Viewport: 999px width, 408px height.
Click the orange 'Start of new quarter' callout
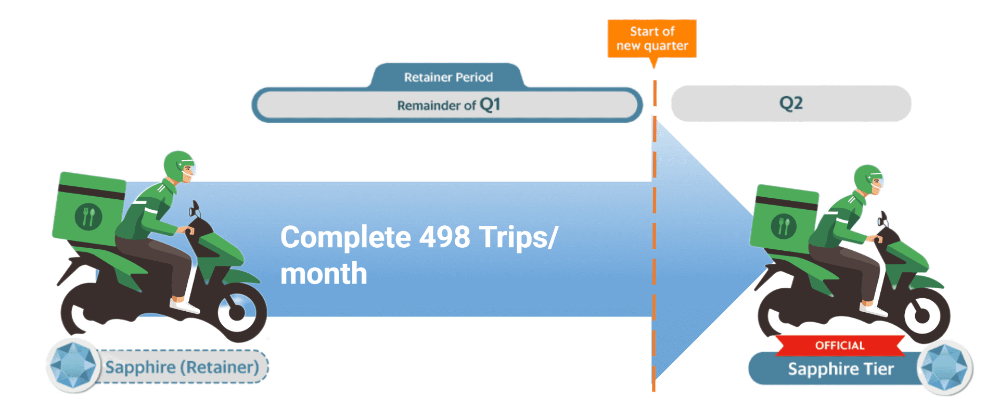click(652, 39)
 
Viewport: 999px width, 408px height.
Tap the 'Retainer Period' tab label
click(448, 77)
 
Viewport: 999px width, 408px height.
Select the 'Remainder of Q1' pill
click(447, 105)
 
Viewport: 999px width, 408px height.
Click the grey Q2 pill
click(791, 103)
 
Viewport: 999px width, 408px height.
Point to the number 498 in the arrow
click(444, 237)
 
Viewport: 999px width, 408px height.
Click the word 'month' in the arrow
click(324, 274)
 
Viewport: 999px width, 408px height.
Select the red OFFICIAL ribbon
click(840, 346)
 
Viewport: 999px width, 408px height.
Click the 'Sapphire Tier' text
click(841, 369)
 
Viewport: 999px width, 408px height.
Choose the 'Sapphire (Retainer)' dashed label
click(182, 367)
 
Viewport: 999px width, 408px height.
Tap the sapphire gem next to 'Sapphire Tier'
click(944, 368)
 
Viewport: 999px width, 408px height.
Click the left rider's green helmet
click(178, 165)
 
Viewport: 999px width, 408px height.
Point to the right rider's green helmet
click(867, 179)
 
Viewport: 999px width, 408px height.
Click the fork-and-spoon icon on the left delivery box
click(88, 216)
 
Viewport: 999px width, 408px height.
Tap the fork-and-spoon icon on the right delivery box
click(784, 226)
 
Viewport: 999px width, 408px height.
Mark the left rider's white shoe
click(183, 305)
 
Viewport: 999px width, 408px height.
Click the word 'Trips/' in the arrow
click(518, 237)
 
